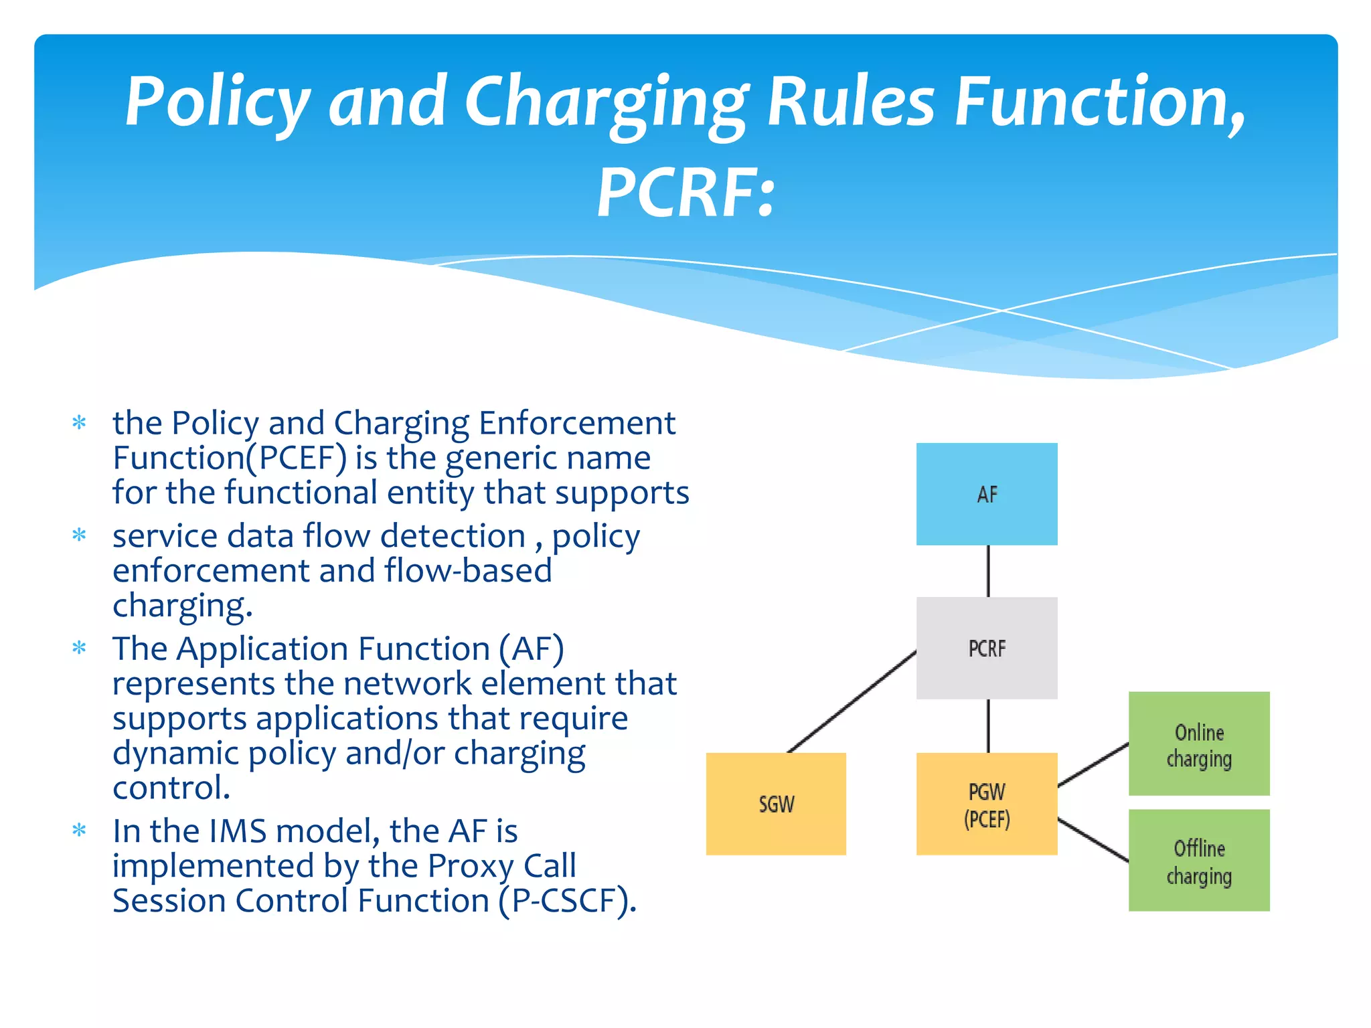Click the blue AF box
pos(986,494)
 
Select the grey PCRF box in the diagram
pos(986,648)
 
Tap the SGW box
pos(776,803)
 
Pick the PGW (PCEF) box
pos(986,804)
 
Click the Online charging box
pos(1198,744)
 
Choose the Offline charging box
pos(1198,860)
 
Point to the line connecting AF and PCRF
pos(988,571)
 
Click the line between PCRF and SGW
pos(852,701)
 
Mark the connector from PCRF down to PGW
pos(988,725)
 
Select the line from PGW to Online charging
pos(1093,764)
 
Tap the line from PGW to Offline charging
pos(1093,839)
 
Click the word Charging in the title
pos(606,104)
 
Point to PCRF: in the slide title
pos(685,194)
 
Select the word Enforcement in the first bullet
pos(576,423)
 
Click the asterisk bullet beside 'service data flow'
pos(80,535)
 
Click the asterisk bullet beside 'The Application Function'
pos(80,649)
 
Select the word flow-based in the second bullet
pos(468,571)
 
